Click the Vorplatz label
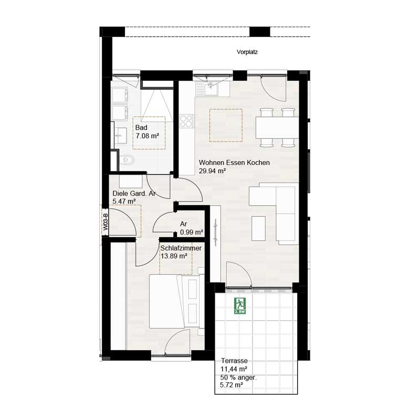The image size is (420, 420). [x=247, y=52]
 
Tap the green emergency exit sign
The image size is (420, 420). [x=240, y=306]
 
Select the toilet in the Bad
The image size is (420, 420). [x=128, y=160]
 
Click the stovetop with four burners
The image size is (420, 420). [x=186, y=122]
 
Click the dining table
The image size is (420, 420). [x=276, y=127]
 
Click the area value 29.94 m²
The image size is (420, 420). [x=213, y=171]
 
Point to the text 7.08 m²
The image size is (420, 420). [x=147, y=136]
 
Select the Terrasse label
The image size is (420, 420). [x=234, y=362]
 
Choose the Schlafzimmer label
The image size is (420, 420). [x=181, y=248]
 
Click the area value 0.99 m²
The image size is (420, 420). [x=191, y=232]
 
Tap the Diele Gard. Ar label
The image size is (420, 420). [x=134, y=193]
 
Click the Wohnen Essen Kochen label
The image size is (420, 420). [x=234, y=163]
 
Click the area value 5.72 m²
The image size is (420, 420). [x=231, y=385]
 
